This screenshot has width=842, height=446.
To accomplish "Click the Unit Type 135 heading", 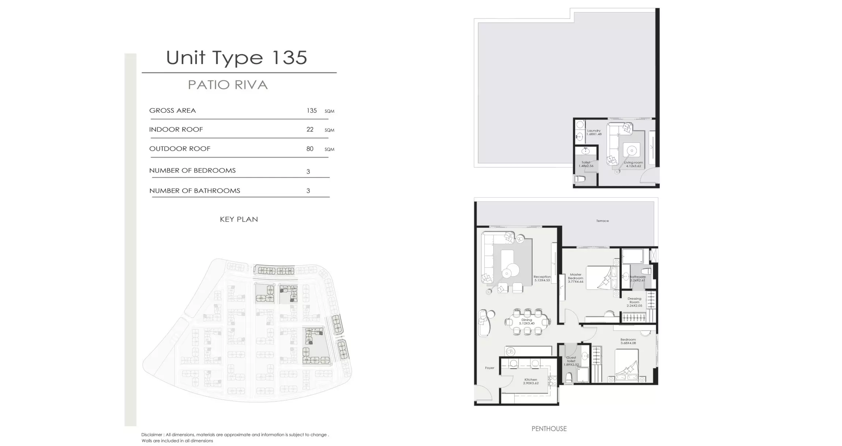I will (x=236, y=58).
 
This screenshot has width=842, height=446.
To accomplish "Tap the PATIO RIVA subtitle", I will (x=228, y=85).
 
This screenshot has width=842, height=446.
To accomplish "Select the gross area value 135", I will (x=311, y=111).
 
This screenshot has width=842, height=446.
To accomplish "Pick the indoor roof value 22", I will (x=310, y=130).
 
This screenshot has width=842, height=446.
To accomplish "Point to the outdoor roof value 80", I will (x=310, y=149).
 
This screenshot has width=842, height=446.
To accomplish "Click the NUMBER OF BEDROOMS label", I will (x=192, y=171).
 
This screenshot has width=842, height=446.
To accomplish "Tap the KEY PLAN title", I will (x=238, y=219).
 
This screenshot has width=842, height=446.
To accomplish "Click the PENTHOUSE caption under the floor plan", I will (x=549, y=428).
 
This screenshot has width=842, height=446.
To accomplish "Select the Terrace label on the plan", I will (x=602, y=221).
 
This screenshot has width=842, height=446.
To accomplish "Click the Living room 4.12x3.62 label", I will (x=633, y=164).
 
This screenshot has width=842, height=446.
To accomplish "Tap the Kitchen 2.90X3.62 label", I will (x=530, y=381).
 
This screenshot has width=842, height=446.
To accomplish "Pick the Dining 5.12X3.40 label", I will (x=527, y=322).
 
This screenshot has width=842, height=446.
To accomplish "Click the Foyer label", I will (x=489, y=368).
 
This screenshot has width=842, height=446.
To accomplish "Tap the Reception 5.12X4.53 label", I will (x=542, y=278).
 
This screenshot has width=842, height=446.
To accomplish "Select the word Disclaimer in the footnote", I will (x=152, y=435).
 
